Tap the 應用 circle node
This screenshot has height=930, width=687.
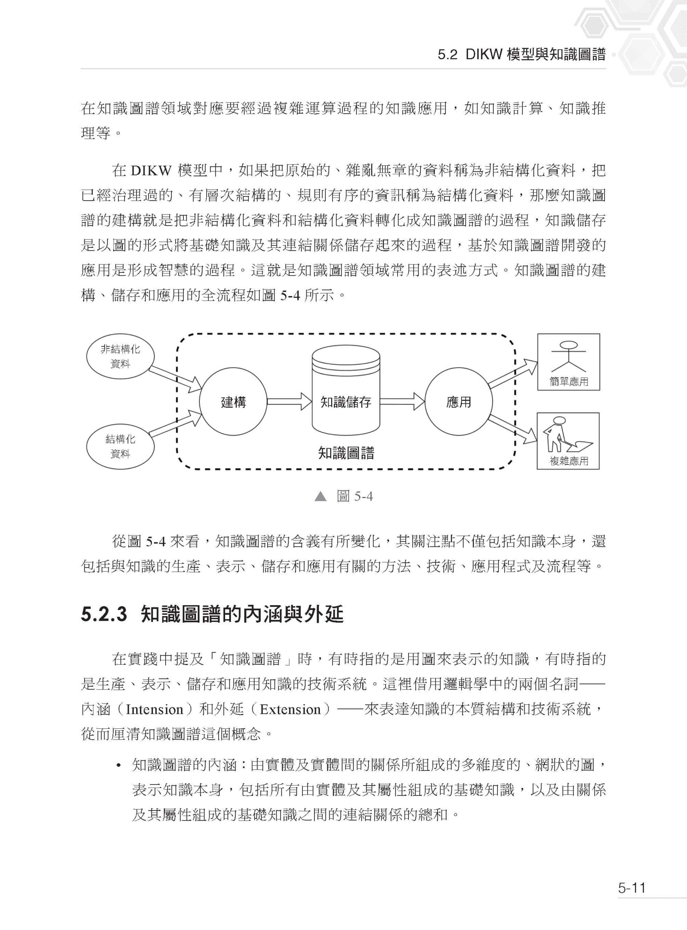pyautogui.click(x=458, y=402)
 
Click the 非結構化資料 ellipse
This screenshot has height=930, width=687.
pyautogui.click(x=120, y=357)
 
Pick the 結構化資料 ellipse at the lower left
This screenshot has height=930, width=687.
pyautogui.click(x=120, y=446)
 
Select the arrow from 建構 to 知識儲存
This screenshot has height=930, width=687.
pyautogui.click(x=289, y=402)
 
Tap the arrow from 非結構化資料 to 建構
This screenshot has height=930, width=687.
pyautogui.click(x=175, y=379)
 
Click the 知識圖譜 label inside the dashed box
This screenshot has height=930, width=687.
pyautogui.click(x=346, y=453)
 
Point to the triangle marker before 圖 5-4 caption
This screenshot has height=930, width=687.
pyautogui.click(x=320, y=496)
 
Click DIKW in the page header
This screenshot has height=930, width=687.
pyautogui.click(x=484, y=54)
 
